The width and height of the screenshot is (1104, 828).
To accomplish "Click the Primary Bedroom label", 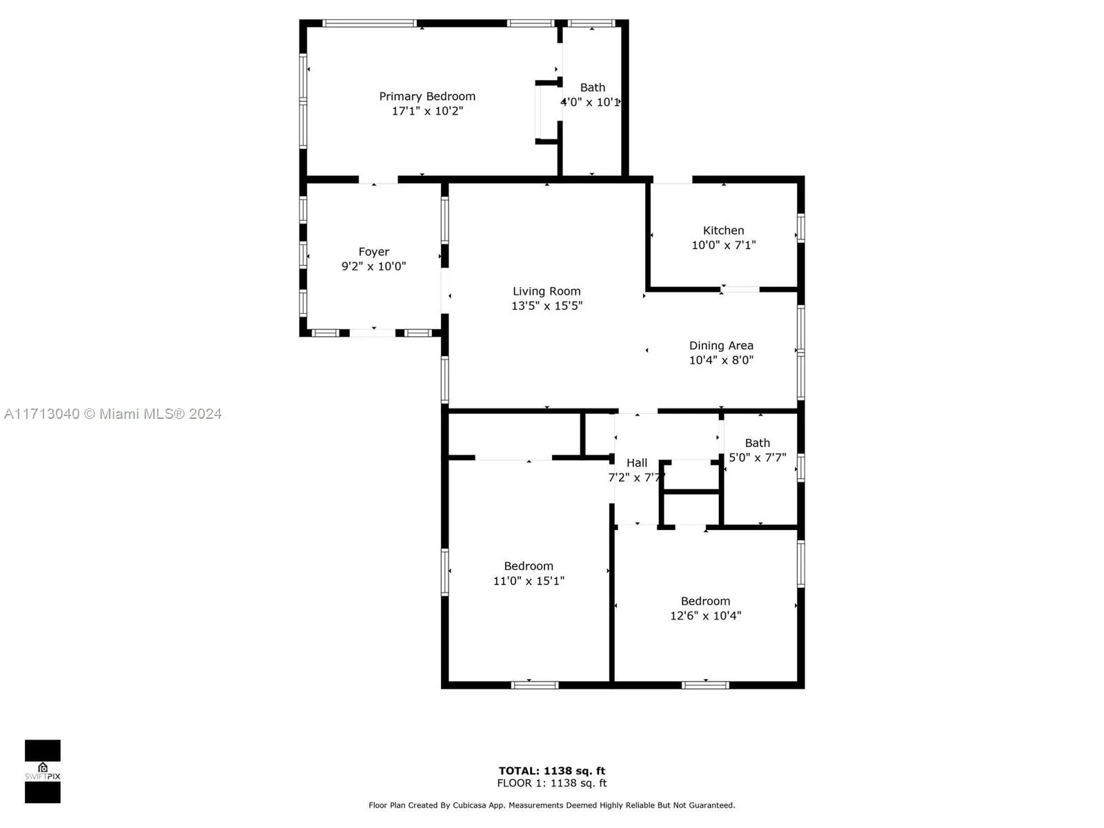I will tap(427, 97).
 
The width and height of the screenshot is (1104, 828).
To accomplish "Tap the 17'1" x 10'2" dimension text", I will tap(427, 111).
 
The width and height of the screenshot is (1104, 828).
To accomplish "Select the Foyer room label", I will tap(373, 252).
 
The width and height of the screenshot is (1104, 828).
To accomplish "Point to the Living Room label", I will tap(546, 291).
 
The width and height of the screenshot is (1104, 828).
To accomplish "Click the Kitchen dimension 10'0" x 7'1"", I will tap(723, 245).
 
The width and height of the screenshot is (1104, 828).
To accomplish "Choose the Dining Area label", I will tap(721, 346).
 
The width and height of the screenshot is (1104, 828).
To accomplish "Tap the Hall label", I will tap(636, 463).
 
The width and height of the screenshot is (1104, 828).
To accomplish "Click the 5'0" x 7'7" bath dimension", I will tap(757, 457).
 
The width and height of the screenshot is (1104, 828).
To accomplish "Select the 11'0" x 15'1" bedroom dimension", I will tap(529, 581).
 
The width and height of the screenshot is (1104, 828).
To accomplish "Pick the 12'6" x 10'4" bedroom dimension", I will tap(705, 615).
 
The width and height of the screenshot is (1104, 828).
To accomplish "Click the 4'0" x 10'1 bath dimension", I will tap(590, 102).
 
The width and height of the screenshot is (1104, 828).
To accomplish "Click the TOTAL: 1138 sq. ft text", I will tap(552, 771).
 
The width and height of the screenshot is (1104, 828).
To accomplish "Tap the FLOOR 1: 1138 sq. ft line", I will tap(552, 783).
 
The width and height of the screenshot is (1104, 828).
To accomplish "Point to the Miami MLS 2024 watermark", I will tap(113, 414).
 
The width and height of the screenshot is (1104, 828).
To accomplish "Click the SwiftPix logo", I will tap(43, 771).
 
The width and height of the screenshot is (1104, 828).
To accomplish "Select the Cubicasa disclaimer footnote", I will tap(552, 805).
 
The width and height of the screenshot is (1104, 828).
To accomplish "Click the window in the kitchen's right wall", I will tap(801, 228).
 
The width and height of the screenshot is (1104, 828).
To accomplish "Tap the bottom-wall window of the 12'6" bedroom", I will tap(705, 685).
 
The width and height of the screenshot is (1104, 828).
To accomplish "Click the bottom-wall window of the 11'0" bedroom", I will tap(535, 685).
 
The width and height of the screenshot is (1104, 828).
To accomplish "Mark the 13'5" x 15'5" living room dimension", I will tap(546, 306).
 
